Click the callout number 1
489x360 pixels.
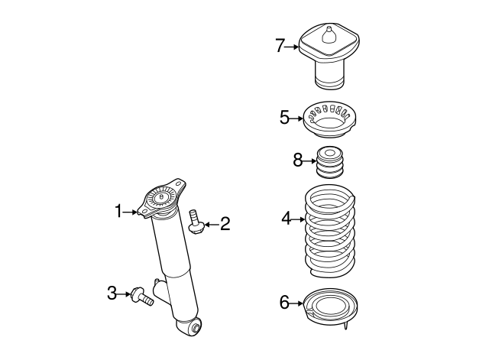[x=118, y=210]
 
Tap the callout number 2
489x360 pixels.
[x=225, y=224]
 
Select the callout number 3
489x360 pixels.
[x=112, y=292]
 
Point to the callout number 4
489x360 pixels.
[x=286, y=219]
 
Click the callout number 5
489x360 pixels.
[x=284, y=118]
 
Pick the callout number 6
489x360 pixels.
[x=284, y=303]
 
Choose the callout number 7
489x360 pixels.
[x=280, y=47]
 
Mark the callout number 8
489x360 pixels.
[x=298, y=161]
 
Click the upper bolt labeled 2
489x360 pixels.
[x=196, y=222]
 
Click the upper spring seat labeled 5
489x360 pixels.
[x=332, y=120]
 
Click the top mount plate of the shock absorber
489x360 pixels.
[x=162, y=199]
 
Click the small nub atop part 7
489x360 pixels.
[x=329, y=34]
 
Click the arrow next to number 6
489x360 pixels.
[x=297, y=303]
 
